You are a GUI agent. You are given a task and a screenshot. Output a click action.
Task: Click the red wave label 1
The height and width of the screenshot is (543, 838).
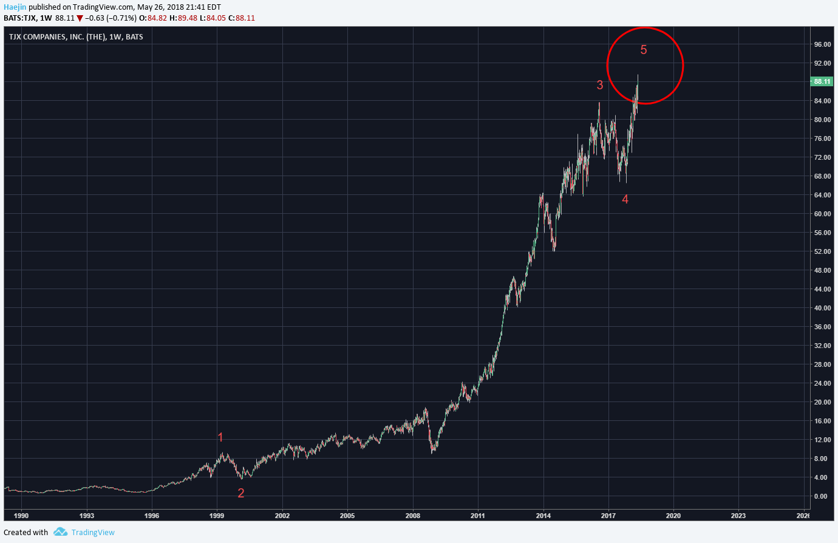tap(220, 437)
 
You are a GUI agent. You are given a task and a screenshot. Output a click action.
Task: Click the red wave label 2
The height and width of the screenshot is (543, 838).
tap(241, 493)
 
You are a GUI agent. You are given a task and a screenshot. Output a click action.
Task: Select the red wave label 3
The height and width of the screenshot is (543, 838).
tap(600, 85)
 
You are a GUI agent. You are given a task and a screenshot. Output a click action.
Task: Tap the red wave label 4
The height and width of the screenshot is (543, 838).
tap(625, 199)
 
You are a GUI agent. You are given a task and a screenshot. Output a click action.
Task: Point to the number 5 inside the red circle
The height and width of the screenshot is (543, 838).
tap(644, 50)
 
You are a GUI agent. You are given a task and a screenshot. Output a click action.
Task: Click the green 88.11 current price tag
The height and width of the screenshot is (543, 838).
tap(821, 81)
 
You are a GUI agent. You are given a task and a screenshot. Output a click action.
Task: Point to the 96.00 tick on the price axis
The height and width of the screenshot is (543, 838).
tap(822, 44)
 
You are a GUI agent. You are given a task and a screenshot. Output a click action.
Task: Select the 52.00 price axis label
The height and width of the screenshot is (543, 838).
tap(822, 251)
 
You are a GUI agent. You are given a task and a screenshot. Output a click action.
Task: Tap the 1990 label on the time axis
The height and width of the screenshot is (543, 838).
tap(21, 515)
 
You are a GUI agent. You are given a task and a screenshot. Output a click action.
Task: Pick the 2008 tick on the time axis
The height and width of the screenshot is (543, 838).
tap(413, 515)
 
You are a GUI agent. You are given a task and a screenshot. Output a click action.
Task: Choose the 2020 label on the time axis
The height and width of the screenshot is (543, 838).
tap(673, 515)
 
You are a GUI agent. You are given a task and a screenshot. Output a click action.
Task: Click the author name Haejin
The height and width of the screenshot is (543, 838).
tap(15, 7)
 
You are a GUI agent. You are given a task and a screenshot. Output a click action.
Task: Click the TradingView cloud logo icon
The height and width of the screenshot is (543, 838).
tap(60, 531)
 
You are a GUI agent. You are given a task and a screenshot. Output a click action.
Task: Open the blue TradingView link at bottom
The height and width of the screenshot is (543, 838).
tap(93, 532)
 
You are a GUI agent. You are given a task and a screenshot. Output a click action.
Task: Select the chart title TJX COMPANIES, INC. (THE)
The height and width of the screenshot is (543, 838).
tap(57, 36)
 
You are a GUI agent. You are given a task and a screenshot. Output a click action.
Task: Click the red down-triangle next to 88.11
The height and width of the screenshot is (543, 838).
tap(80, 18)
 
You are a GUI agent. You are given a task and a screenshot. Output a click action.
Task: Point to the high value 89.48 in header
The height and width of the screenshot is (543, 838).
tap(188, 18)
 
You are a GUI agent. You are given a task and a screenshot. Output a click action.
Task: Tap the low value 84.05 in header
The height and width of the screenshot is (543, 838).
tap(216, 18)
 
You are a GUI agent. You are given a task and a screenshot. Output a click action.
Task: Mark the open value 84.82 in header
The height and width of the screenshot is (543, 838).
tap(157, 18)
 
